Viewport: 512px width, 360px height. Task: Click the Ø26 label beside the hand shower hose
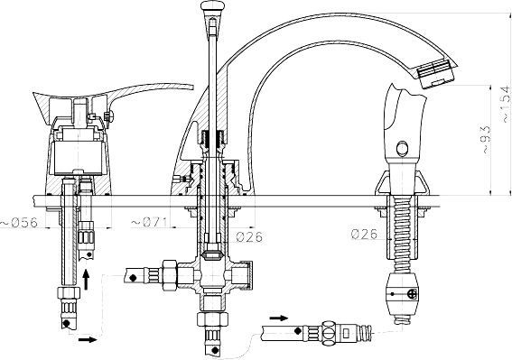click(x=365, y=235)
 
